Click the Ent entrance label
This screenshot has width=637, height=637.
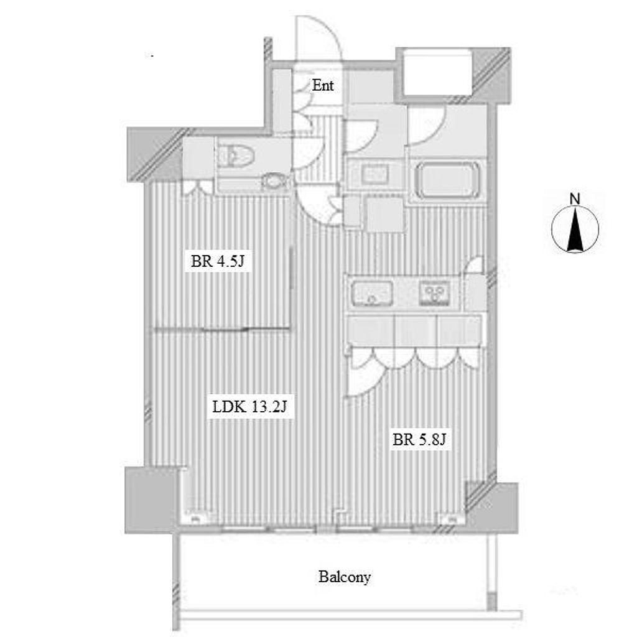tap(323, 85)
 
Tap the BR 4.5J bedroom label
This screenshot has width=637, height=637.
tap(217, 261)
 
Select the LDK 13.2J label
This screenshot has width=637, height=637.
tap(250, 406)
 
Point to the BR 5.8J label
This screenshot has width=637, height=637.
tap(420, 440)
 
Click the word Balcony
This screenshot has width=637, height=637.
tap(345, 577)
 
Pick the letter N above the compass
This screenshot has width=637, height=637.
tap(575, 199)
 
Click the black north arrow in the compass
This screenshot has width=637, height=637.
tap(575, 229)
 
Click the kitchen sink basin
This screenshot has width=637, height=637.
tap(372, 292)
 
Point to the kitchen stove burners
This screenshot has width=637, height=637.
tap(435, 292)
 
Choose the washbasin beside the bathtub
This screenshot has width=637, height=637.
tap(375, 175)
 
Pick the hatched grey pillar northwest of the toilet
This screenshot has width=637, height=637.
tap(154, 154)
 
